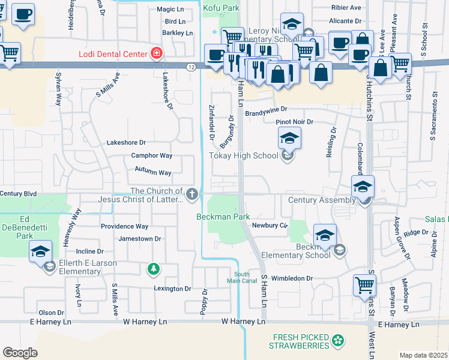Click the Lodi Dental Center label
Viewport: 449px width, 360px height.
point(113,54)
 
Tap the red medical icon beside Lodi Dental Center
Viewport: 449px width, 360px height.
point(157,53)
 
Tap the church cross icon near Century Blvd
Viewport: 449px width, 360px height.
point(191,193)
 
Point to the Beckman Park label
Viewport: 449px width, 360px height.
point(223,216)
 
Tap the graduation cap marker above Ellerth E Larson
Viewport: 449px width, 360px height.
point(40,251)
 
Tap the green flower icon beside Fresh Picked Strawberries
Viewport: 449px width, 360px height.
point(339,341)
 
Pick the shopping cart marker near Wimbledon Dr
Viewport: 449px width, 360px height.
point(364,285)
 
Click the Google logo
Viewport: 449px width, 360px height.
point(20,352)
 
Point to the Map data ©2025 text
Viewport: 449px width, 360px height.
point(423,355)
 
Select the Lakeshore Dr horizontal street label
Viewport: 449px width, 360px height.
point(126,143)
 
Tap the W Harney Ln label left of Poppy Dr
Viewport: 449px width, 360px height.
point(145,322)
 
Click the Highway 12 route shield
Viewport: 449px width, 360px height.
point(190,66)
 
